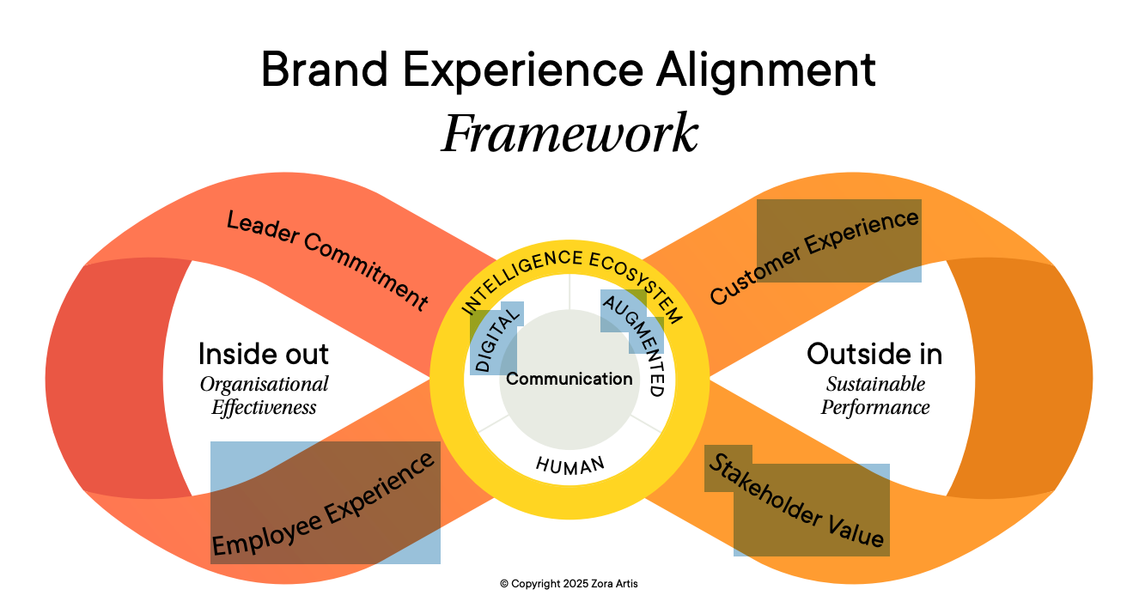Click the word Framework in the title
coord(570,134)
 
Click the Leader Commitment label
coord(326,259)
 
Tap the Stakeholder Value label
coord(795,502)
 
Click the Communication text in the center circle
coord(570,379)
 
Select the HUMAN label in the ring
coord(570,465)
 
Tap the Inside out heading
coord(264,353)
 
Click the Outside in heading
coord(874,353)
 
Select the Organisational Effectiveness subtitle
coord(264,396)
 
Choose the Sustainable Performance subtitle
coord(874,396)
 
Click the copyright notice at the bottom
coord(569,584)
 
